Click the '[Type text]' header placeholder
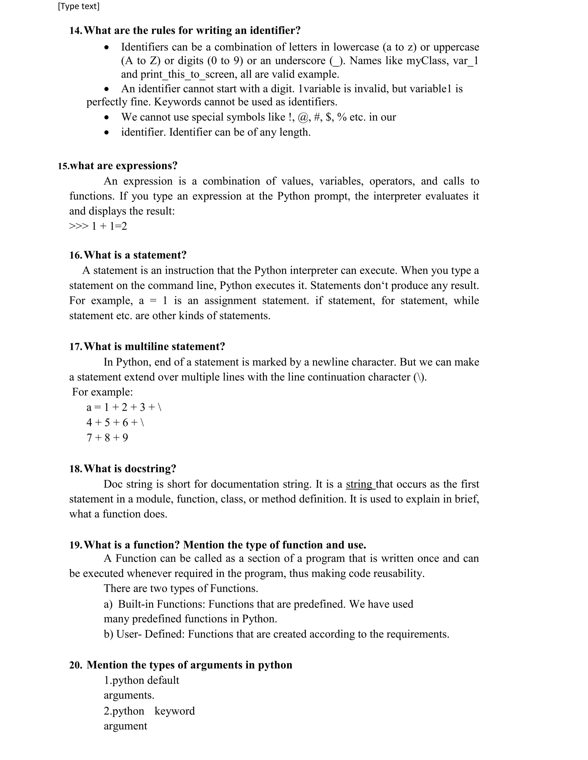tap(78, 7)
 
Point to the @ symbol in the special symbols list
tap(303, 117)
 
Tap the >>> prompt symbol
tap(79, 227)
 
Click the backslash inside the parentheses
tap(420, 377)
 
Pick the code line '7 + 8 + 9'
tap(107, 437)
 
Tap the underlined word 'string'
tap(359, 484)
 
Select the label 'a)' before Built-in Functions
tap(108, 604)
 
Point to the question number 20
tap(75, 665)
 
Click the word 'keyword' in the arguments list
tap(175, 711)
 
